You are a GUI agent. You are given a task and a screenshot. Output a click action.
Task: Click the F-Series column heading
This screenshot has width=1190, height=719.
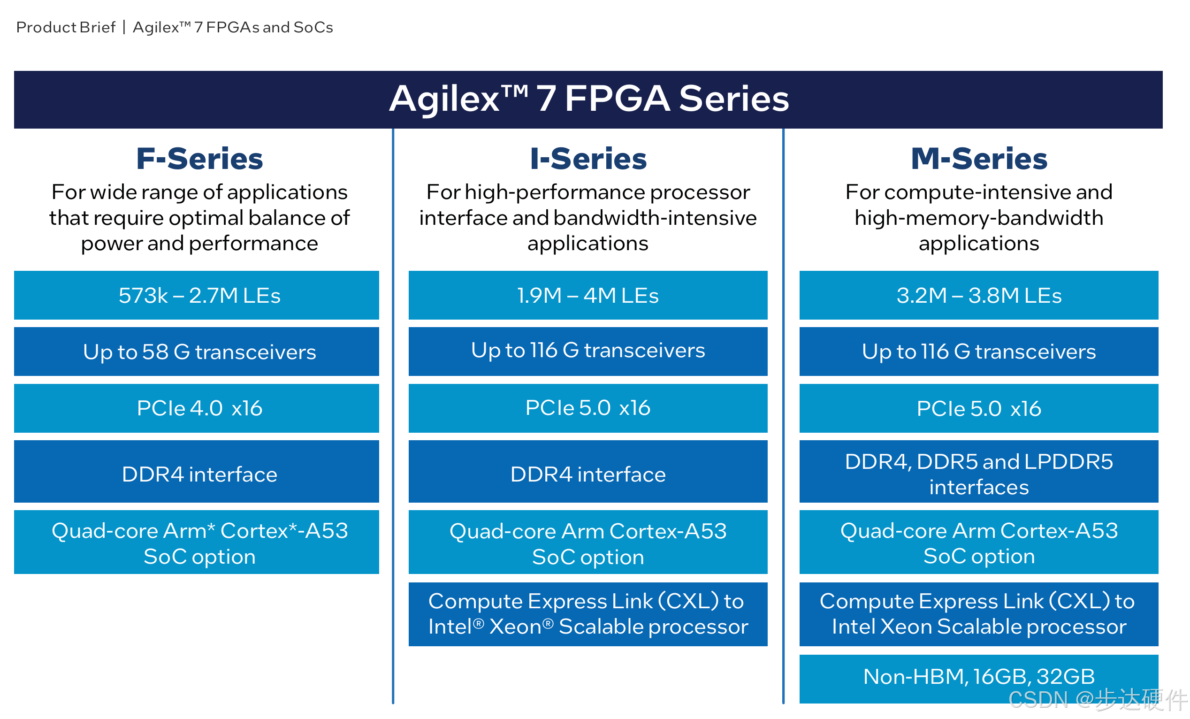coord(199,159)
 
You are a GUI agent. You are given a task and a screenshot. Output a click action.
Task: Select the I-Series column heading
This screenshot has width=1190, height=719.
coord(588,159)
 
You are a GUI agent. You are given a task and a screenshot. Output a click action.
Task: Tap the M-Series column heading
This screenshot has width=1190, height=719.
coord(979,159)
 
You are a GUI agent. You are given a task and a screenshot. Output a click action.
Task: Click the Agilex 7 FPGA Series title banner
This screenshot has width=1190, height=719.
coord(588,99)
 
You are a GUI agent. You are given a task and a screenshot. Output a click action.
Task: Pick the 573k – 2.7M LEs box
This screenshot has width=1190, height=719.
coord(197,295)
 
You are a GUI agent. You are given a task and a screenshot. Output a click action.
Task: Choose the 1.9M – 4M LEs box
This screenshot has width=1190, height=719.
coord(588,295)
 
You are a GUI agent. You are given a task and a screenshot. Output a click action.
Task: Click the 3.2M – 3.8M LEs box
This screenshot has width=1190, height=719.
coord(978,295)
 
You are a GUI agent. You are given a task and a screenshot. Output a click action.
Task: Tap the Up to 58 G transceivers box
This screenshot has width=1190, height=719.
coord(197,352)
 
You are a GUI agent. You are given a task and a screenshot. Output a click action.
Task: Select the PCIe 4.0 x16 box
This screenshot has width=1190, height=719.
coord(197,408)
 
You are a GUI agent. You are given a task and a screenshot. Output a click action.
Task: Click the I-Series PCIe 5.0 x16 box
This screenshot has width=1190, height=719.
coord(588,408)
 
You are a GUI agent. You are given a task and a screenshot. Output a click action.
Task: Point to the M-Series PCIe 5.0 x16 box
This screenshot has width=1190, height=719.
coord(978,408)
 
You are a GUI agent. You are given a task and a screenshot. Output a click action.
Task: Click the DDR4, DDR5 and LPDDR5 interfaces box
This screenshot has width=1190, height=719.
coord(978,474)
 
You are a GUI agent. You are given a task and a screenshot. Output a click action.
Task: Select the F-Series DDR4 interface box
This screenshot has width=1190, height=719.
coord(197,474)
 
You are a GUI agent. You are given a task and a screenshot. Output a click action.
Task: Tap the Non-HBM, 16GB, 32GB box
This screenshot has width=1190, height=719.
coord(978,676)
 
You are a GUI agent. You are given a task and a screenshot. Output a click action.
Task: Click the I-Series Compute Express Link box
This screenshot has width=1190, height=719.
coord(588,614)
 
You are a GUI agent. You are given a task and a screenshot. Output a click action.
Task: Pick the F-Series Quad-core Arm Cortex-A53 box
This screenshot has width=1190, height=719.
coord(197,543)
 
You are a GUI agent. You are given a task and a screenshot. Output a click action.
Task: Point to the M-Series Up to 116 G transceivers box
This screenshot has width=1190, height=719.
coord(978,352)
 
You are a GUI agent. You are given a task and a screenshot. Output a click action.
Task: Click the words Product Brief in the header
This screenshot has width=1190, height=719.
coord(66,28)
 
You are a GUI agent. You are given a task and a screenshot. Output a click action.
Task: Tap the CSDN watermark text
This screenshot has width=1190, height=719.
coord(1096,700)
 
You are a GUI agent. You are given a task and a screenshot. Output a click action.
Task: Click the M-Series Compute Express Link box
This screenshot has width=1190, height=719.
coord(978,614)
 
